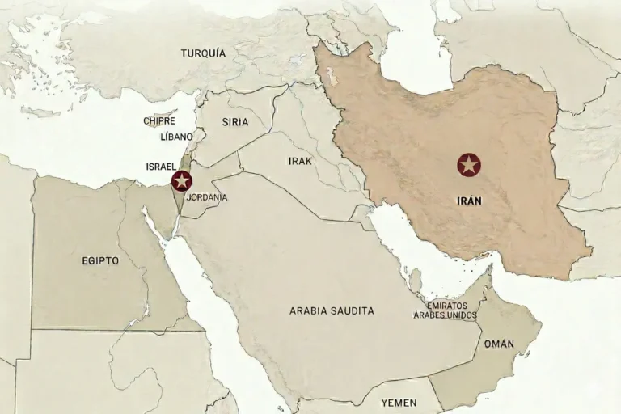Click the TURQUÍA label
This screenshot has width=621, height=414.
pos(203,53)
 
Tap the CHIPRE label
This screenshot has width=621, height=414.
pos(159,120)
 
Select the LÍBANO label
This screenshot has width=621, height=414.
pos(177,137)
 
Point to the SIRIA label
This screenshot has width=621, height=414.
pos(234,122)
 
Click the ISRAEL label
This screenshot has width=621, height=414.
pos(161,166)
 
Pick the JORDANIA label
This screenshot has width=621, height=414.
pos(206,197)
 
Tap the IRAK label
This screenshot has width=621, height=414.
pos(299,161)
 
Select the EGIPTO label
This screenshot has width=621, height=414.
pos(100,260)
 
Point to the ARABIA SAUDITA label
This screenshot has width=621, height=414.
pos(332,310)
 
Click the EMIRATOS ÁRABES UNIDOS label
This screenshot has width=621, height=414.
pos(446,310)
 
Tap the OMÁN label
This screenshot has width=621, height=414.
pos(499,344)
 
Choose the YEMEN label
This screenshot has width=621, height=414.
pos(399,402)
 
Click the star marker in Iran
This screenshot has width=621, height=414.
pos(469,166)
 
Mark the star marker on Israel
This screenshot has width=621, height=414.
pos(182,181)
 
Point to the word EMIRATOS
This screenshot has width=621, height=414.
pos(446,306)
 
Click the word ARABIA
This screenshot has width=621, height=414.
pos(308,310)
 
